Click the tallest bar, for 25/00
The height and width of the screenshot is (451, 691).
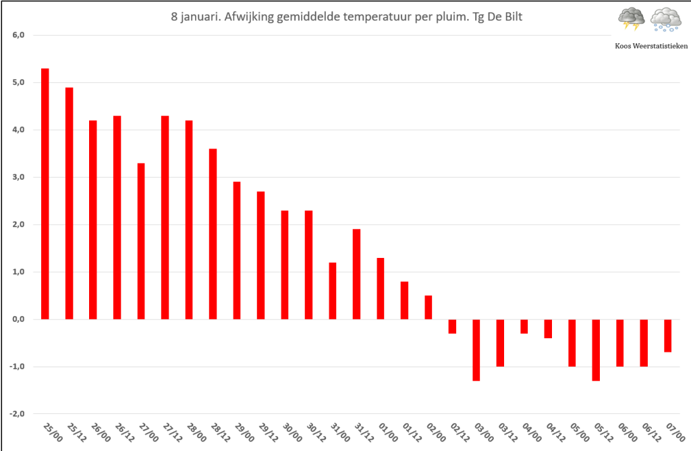[x=45, y=194]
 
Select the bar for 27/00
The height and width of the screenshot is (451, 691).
[x=141, y=241]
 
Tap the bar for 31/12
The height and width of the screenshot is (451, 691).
[x=356, y=274]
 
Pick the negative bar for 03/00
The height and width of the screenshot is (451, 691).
[x=476, y=350]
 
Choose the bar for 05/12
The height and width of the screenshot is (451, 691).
[x=596, y=350]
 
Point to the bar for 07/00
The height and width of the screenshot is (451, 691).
[x=667, y=336]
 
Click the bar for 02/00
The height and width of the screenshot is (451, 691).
[x=429, y=307]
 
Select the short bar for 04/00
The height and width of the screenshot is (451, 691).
[x=524, y=327]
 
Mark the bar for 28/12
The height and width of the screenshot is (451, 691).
[x=213, y=234]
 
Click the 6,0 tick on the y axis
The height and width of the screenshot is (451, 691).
[x=18, y=35]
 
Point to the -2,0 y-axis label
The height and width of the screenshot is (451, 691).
[x=17, y=414]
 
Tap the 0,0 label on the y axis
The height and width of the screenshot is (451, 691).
[x=18, y=319]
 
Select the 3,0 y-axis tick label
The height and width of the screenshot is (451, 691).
[x=18, y=177]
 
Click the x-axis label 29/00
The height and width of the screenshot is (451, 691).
[x=244, y=433]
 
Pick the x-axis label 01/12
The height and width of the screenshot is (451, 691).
[x=412, y=433]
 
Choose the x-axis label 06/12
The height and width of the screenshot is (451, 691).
[x=651, y=433]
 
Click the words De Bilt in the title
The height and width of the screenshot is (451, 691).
[x=505, y=17]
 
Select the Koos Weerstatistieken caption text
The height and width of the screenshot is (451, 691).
[x=651, y=46]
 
